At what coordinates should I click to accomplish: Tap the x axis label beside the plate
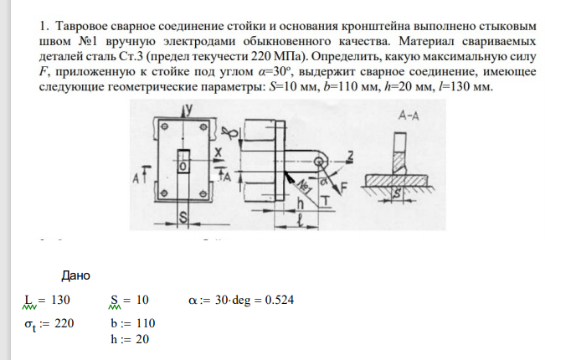tap(219, 152)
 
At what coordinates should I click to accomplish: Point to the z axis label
tap(350, 157)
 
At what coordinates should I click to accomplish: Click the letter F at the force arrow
tap(343, 188)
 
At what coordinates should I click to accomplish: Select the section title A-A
tap(409, 116)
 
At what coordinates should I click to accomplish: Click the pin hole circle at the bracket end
tap(320, 162)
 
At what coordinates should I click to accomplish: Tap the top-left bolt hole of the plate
tap(165, 126)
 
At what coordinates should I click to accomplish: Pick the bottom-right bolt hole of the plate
tap(203, 193)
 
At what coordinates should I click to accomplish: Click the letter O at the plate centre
tap(183, 167)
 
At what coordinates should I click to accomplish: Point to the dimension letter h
tap(300, 203)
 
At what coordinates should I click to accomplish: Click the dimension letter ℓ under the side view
tap(300, 221)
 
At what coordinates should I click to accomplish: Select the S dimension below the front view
tap(183, 218)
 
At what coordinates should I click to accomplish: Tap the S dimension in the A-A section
tap(397, 194)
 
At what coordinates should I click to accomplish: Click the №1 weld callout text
tap(303, 186)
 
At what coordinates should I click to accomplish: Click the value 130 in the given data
tap(60, 300)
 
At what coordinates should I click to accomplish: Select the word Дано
tap(75, 275)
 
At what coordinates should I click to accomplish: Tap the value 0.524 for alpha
tap(280, 300)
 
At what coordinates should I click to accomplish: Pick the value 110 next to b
tap(146, 323)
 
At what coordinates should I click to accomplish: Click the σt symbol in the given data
tap(30, 324)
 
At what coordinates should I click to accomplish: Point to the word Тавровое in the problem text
tap(80, 26)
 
